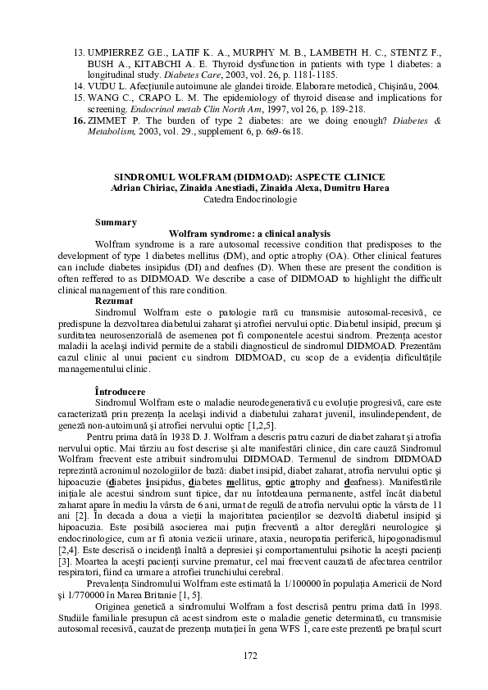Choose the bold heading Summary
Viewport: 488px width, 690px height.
click(x=116, y=222)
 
